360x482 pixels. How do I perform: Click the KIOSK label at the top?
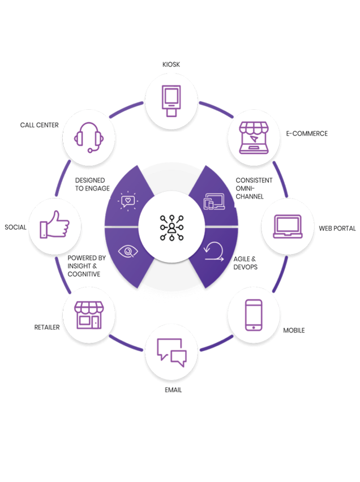[171, 64]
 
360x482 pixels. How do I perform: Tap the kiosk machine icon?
[172, 101]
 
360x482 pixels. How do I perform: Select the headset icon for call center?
[89, 137]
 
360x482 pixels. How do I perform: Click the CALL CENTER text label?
[40, 125]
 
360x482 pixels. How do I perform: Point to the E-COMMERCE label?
[307, 134]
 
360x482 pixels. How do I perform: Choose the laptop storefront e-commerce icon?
[254, 137]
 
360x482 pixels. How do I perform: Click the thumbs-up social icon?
[54, 225]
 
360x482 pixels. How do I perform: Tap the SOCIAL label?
[15, 227]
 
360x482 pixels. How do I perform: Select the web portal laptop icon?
[288, 226]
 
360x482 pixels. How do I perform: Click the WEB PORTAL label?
[337, 229]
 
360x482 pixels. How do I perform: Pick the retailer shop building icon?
[89, 315]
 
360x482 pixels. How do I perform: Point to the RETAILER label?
[47, 328]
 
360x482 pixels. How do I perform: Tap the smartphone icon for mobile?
[254, 315]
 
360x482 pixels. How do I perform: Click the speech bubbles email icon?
[172, 352]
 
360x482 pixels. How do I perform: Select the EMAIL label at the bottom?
[173, 390]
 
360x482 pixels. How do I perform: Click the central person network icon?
[172, 228]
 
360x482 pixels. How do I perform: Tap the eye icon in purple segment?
[128, 251]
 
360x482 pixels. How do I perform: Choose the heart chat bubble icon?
[128, 201]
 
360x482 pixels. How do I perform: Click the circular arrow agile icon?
[214, 252]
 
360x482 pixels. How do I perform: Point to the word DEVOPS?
[246, 267]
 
